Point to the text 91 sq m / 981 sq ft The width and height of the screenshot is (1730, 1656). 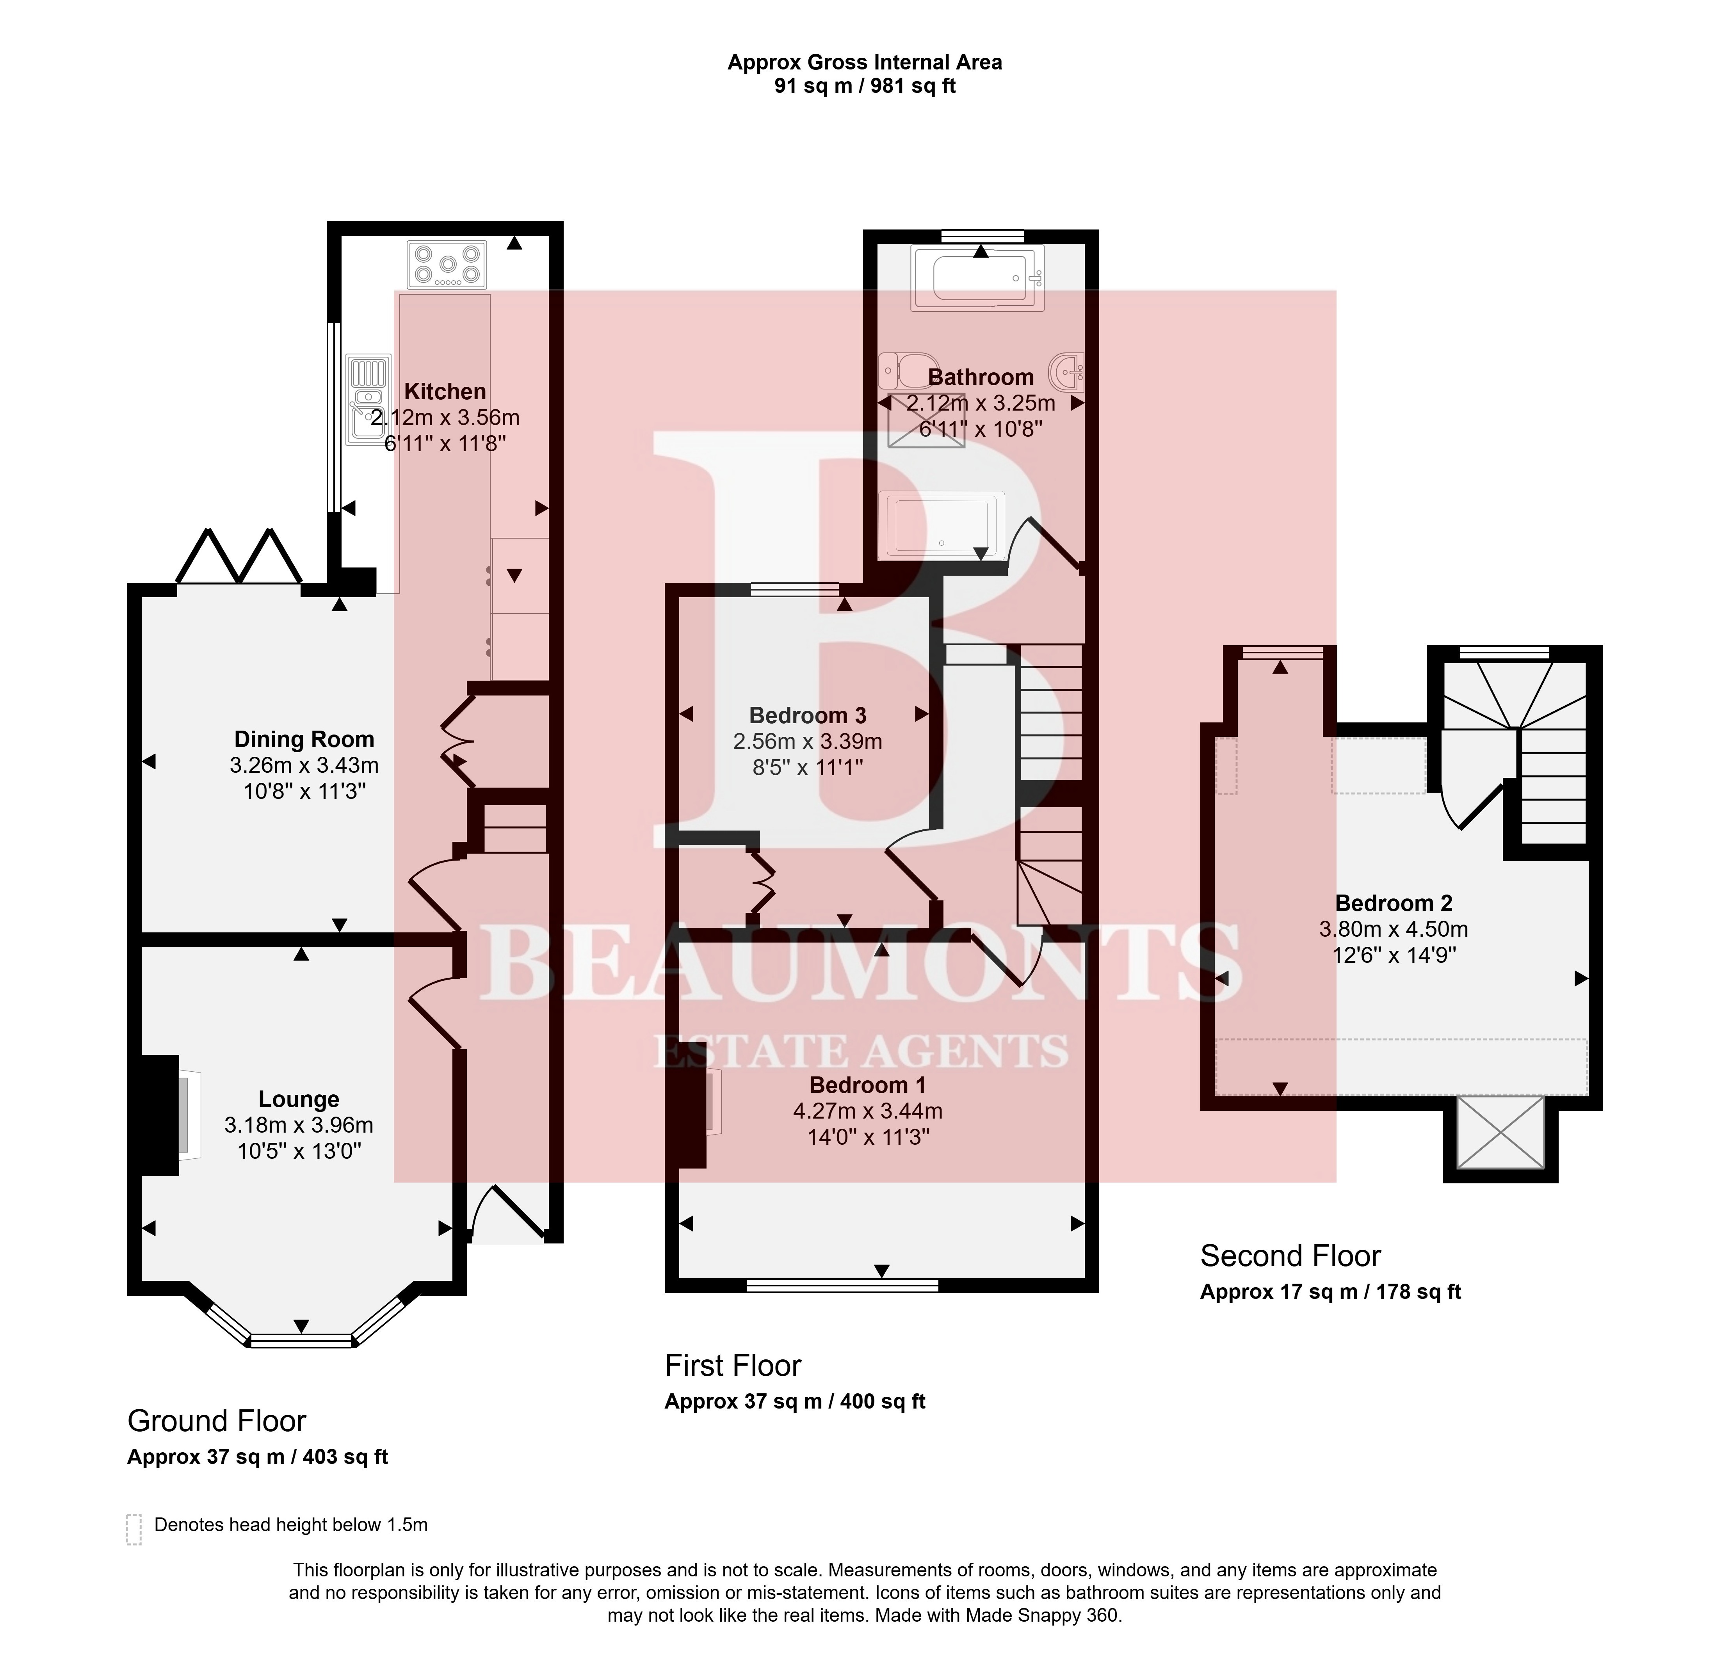pyautogui.click(x=865, y=85)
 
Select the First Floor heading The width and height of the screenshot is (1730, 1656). pyautogui.click(x=733, y=1366)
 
